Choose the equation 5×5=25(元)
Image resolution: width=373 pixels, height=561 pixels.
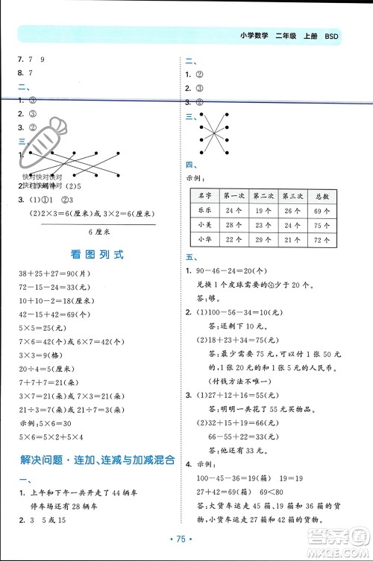click(38, 326)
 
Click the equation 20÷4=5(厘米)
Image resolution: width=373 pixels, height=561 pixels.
click(46, 369)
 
